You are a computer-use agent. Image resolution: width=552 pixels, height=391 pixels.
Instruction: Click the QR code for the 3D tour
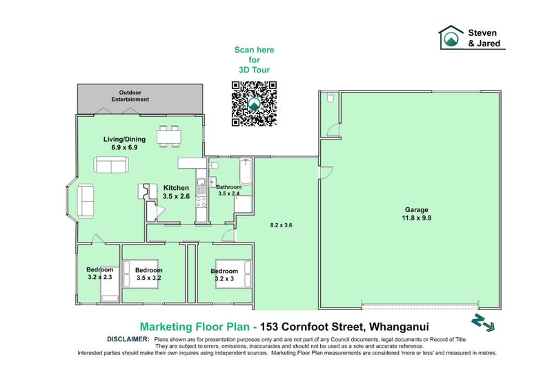[253, 104]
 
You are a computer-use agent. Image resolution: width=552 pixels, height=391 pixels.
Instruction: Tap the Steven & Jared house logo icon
[452, 37]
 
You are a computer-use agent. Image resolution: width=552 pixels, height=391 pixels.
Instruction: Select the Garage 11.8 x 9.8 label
[417, 213]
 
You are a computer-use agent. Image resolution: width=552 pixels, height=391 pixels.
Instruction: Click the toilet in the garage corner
[330, 97]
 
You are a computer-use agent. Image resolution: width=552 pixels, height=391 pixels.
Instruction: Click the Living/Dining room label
[121, 142]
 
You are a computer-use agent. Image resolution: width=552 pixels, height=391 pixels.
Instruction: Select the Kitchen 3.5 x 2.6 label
[175, 192]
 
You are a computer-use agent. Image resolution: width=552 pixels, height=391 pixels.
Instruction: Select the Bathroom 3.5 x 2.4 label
[228, 191]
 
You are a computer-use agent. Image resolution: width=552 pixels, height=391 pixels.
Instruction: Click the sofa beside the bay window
[86, 200]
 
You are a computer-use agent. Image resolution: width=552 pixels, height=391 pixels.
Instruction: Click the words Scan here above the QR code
[253, 50]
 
